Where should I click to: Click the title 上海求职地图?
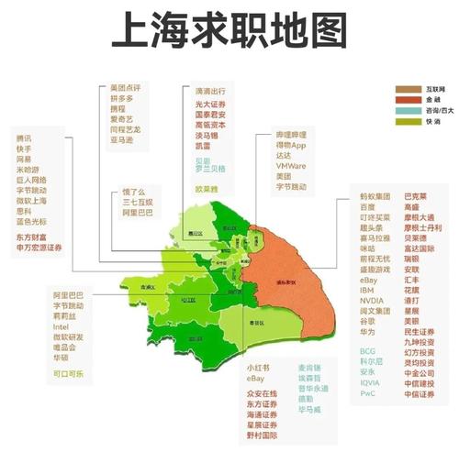tap(229, 29)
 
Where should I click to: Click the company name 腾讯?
tap(23, 138)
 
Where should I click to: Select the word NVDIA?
tap(372, 300)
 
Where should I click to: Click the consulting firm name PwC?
tap(368, 394)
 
